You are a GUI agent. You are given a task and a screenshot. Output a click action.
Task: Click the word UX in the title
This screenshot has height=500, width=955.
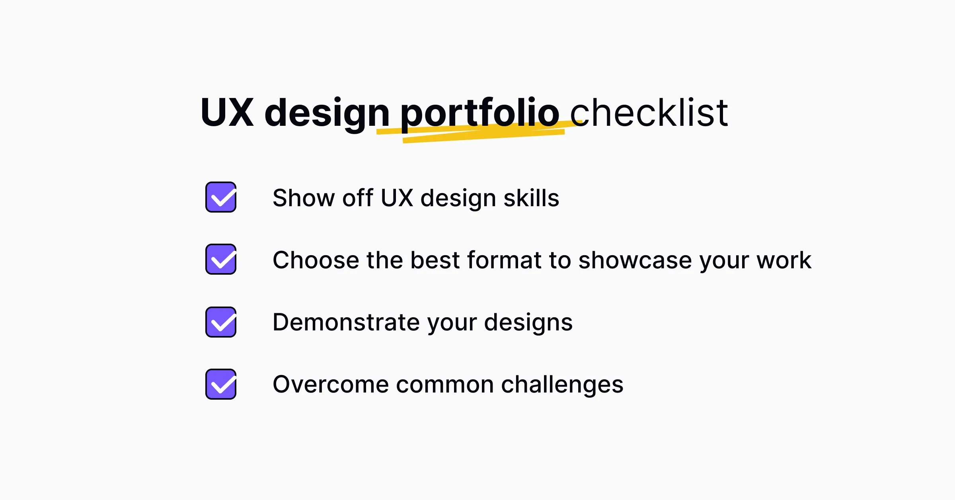coord(227,113)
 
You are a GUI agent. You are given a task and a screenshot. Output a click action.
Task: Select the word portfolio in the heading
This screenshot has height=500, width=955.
coord(479,113)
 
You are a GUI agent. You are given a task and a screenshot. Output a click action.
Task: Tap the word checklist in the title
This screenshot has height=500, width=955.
coord(649,113)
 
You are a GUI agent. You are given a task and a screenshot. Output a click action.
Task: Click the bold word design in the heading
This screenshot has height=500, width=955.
coord(327,114)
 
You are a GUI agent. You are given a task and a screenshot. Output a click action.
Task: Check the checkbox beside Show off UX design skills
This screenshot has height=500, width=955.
coord(221,197)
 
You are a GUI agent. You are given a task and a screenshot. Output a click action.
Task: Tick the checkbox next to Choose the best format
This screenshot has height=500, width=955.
coord(221,260)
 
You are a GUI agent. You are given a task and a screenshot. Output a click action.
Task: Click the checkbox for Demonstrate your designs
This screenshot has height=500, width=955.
coord(221,322)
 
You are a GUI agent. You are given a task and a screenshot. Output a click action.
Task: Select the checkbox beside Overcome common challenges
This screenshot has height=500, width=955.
coord(221,384)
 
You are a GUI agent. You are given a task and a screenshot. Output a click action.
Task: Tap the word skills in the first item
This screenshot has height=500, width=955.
coord(531,198)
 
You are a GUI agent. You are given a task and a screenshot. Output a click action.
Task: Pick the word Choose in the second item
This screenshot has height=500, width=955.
coord(316,260)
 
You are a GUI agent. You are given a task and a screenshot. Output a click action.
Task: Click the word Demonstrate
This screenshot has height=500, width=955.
coord(346,322)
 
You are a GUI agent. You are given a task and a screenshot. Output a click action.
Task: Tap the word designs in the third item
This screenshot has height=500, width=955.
coord(528,323)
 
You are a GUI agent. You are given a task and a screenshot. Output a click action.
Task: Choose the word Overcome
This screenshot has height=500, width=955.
coord(331,385)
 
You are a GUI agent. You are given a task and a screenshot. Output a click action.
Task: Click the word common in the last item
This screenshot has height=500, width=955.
coord(445,385)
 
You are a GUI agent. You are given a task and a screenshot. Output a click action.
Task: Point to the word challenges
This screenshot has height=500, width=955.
coord(562,385)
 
